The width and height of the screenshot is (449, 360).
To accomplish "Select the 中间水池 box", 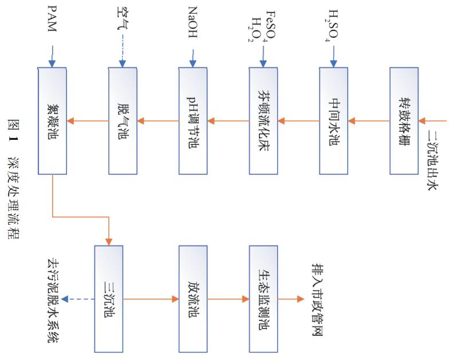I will point(334,121).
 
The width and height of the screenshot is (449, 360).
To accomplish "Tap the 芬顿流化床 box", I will point(263,121).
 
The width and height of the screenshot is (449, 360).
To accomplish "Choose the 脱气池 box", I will point(123,121).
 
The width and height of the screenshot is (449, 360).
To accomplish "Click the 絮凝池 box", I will point(52,121).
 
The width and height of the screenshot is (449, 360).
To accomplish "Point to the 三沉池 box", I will point(109,299).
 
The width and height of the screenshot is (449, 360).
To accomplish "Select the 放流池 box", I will point(193,299).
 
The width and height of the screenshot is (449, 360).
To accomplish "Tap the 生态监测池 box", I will point(263,299).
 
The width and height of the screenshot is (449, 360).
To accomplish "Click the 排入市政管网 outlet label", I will point(316,299).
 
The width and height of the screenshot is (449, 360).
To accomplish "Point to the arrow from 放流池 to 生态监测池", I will point(228,299).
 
